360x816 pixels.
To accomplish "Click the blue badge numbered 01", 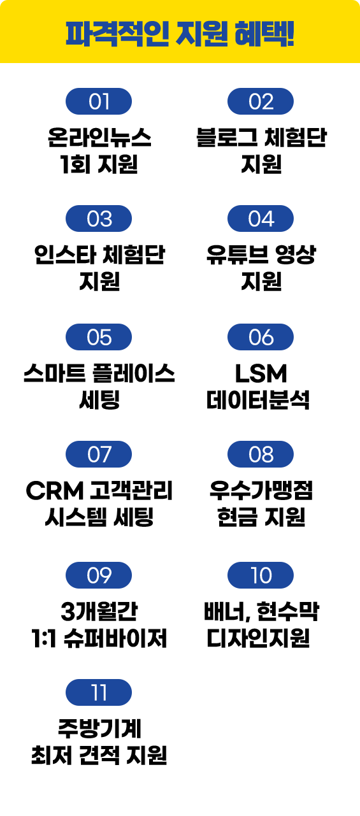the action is tap(99, 101).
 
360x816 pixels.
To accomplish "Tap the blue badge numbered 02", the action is tap(261, 101).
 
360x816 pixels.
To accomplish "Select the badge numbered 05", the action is tap(99, 337).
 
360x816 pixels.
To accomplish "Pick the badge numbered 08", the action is tap(261, 454).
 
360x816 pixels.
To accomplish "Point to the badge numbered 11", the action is tap(99, 692).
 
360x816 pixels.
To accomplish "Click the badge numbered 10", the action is tap(261, 575).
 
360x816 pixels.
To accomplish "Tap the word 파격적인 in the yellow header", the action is tap(117, 34).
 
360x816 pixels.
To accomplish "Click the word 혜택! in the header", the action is tap(264, 34).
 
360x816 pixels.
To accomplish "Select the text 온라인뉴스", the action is tap(99, 138).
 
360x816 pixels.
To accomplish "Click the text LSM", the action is tap(261, 373).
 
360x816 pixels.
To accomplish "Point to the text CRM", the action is tap(55, 490).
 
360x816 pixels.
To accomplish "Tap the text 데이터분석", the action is tap(258, 400).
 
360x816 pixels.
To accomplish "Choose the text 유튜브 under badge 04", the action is tap(238, 255).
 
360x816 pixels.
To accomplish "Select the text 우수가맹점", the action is tap(261, 490).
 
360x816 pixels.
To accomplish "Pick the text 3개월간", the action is tap(99, 612).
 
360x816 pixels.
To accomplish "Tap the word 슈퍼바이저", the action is tap(115, 638).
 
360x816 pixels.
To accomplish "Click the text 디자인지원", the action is tap(258, 638).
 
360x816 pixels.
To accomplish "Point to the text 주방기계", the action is tap(99, 728).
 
